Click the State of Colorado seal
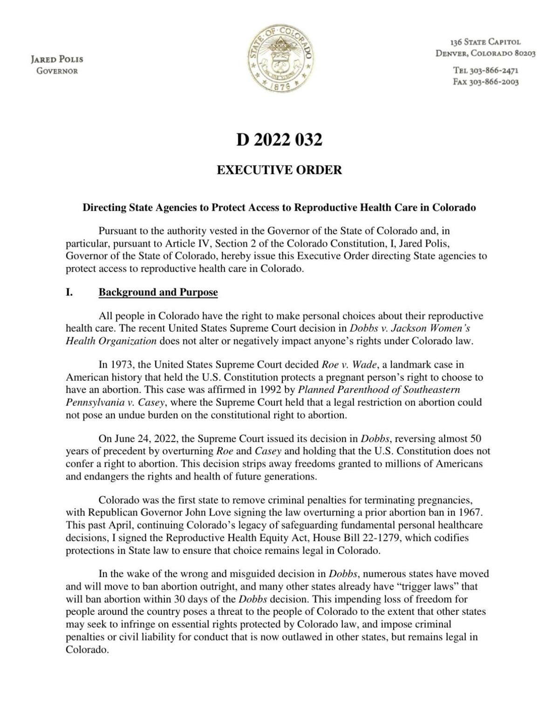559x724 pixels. pos(279,59)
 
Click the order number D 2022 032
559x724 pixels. pos(279,140)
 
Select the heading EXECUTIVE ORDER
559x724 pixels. pos(279,170)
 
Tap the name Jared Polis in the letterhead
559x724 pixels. pos(57,60)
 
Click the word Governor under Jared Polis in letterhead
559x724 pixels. pos(57,71)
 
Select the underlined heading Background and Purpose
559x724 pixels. pos(158,293)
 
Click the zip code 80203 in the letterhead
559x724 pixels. pos(525,53)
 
